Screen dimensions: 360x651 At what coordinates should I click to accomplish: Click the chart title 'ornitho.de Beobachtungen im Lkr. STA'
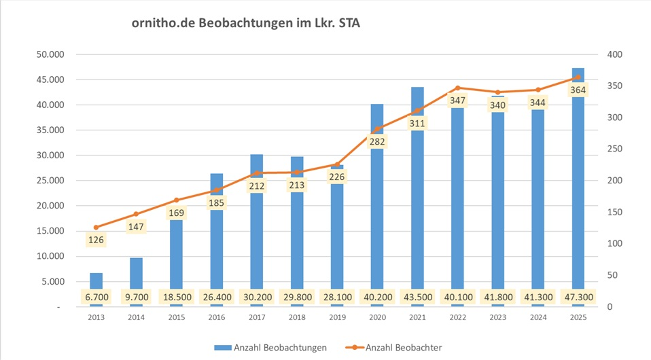click(246, 24)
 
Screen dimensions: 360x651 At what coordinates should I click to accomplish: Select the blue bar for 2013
click(96, 282)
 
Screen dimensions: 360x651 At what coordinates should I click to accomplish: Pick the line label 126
click(96, 240)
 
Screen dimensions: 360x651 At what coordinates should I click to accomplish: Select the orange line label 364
click(578, 90)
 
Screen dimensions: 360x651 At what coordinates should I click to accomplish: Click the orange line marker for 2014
click(136, 214)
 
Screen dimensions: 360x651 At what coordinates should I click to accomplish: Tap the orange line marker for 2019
click(337, 164)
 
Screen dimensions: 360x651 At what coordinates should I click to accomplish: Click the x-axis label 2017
click(256, 317)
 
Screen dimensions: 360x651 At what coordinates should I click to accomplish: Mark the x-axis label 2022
click(457, 317)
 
